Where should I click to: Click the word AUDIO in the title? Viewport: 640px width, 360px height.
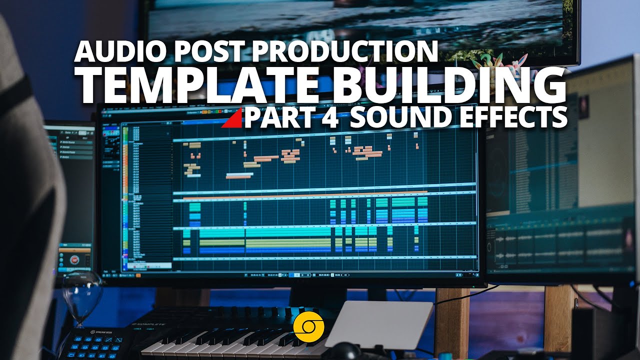(x=114, y=51)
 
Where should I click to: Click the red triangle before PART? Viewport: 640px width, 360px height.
(x=232, y=118)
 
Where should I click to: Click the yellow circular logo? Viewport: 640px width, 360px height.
(x=309, y=327)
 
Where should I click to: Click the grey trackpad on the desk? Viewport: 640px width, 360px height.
(x=378, y=324)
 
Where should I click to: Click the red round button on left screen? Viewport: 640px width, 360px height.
(x=75, y=260)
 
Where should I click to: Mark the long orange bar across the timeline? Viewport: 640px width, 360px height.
(x=305, y=192)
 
